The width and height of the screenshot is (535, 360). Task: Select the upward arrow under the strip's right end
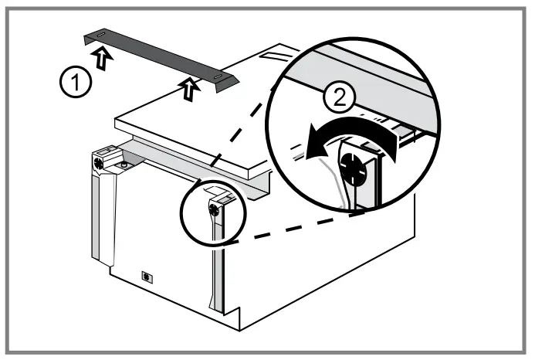tap(187, 91)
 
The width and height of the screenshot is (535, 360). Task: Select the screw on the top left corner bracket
tap(100, 164)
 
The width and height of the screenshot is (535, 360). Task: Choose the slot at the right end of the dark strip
tap(220, 77)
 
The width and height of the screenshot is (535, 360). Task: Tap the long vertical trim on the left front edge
tap(100, 224)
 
